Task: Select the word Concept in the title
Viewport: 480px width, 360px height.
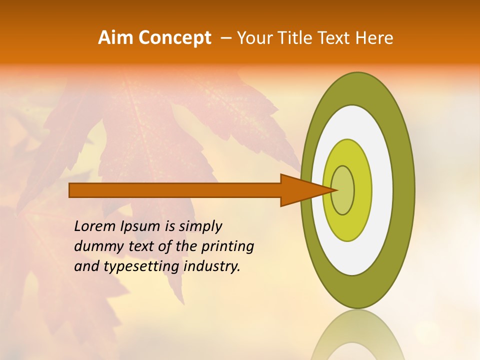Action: click(175, 38)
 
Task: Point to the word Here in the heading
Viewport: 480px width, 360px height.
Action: click(374, 38)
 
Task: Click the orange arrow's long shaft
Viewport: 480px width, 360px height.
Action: click(175, 190)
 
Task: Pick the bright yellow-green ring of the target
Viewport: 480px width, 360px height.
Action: click(362, 190)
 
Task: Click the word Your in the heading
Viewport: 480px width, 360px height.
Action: click(254, 38)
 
